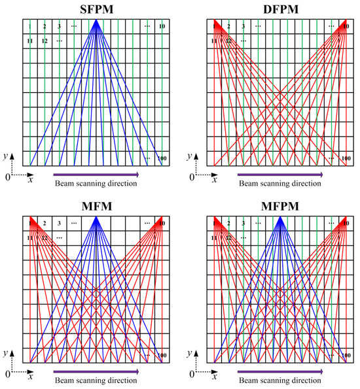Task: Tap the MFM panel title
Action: [96, 206]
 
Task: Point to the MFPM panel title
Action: [280, 206]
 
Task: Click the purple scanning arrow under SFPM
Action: [96, 175]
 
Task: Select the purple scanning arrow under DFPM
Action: [280, 175]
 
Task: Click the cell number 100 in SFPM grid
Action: [162, 159]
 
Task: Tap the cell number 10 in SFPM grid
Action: [162, 26]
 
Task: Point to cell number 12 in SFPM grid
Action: [45, 41]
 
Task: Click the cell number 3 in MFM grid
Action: [59, 223]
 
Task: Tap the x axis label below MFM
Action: [30, 376]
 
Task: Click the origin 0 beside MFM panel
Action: [7, 374]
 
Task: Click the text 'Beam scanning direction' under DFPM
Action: [280, 184]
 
